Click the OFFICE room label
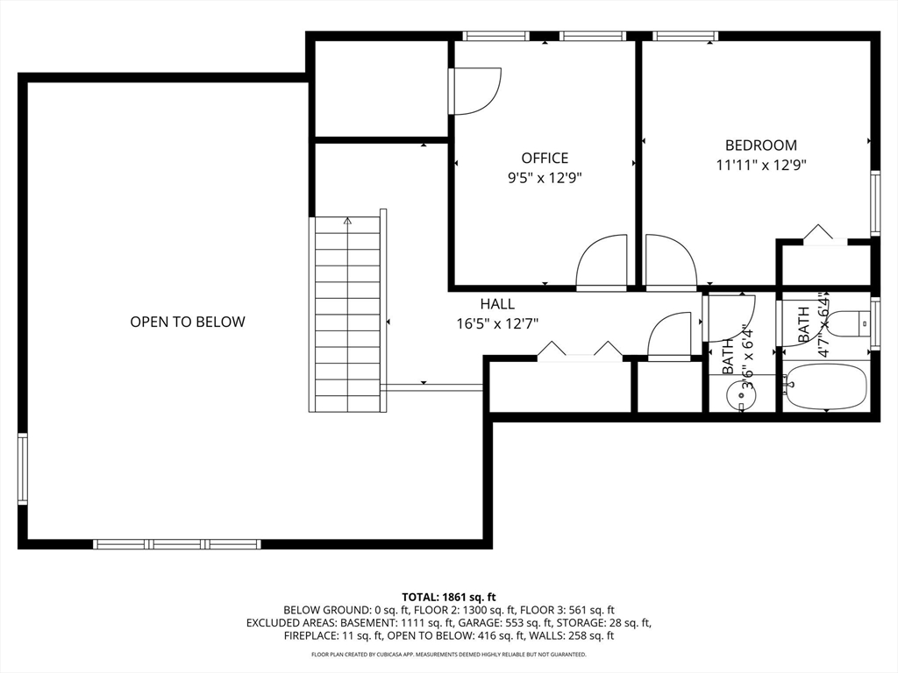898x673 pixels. tap(545, 158)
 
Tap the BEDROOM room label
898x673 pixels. tap(760, 145)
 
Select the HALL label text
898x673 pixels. tap(497, 304)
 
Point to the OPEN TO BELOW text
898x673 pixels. tap(188, 322)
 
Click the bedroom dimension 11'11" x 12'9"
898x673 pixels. tap(760, 164)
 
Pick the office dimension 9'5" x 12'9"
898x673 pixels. tap(545, 177)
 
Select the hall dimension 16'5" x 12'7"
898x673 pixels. tap(497, 323)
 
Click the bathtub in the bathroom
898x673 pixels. tap(825, 386)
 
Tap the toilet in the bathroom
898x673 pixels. tap(847, 323)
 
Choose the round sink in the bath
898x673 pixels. tap(742, 397)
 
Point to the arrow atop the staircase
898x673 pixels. tap(347, 222)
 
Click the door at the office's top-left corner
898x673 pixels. tap(474, 91)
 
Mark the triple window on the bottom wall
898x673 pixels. tap(176, 544)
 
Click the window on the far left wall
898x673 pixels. tap(23, 469)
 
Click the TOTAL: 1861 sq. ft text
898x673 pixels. tap(449, 597)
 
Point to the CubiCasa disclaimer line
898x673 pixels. tap(449, 655)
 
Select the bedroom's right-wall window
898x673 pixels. tap(874, 203)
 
